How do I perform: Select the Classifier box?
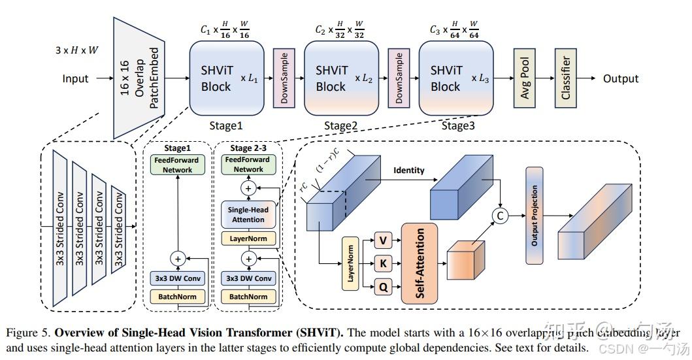coord(566,78)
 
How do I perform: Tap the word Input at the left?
coord(75,79)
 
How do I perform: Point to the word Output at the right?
coord(620,78)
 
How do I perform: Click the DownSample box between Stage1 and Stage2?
coord(284,78)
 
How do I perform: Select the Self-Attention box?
coord(420,263)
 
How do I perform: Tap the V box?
coord(383,240)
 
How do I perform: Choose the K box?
coord(383,263)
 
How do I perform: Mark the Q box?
coord(383,286)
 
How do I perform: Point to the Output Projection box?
coord(535,216)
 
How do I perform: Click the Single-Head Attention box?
coord(247,214)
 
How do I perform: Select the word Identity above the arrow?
coord(408,171)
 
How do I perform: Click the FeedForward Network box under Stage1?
coord(177,165)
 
